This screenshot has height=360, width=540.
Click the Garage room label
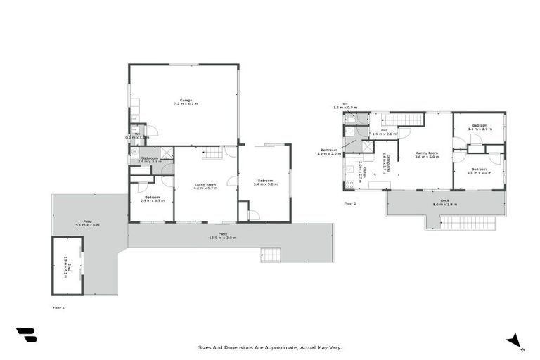coord(186,102)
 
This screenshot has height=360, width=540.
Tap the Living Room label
coord(205,187)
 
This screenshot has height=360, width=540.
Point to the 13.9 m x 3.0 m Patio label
coord(222,236)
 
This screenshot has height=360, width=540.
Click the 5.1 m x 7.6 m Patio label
coord(88,223)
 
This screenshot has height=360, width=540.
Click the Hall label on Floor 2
coord(385,132)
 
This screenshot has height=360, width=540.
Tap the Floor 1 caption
coord(58,307)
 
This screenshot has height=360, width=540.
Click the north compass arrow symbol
coord(515,340)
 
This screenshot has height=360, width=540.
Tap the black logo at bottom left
coord(26,336)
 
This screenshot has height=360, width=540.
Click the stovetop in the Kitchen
coord(349,186)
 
